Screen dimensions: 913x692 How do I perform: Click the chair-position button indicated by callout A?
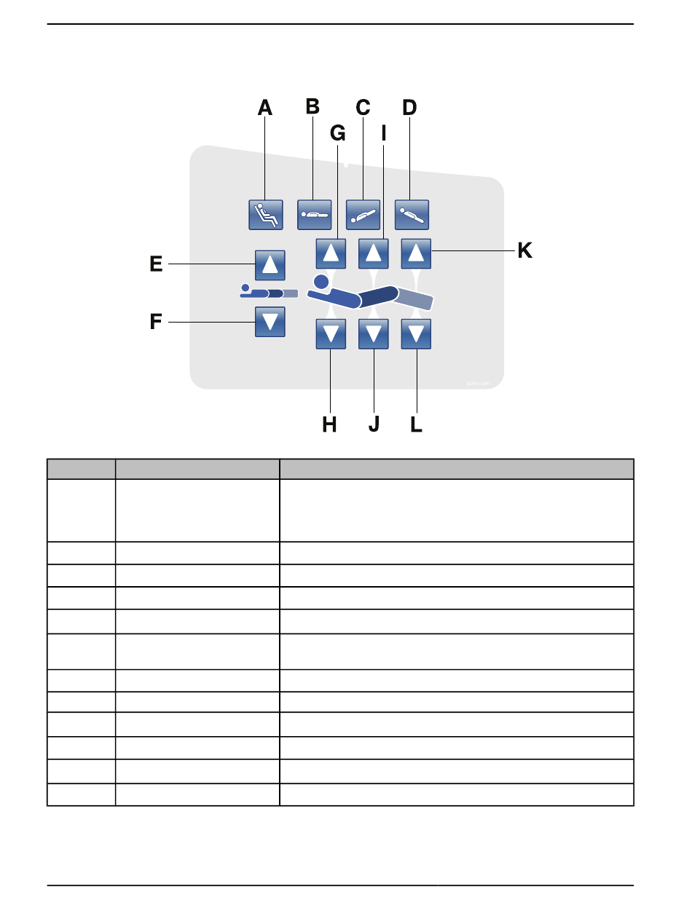tap(264, 215)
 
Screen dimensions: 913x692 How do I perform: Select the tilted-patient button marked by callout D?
tap(412, 215)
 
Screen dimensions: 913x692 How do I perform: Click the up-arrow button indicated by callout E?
tap(270, 264)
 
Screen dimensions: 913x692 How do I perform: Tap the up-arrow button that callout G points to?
tap(331, 253)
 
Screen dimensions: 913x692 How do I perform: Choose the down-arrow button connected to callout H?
tap(331, 334)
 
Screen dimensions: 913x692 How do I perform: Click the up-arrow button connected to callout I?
tap(374, 253)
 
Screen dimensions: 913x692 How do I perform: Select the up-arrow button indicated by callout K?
tap(416, 253)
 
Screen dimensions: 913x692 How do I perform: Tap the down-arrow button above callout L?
tap(416, 334)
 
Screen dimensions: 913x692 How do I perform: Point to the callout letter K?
tap(524, 251)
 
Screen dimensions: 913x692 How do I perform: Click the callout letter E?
tap(156, 264)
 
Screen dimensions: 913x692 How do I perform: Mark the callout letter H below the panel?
tap(330, 424)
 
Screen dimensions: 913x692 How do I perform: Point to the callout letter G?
tap(337, 133)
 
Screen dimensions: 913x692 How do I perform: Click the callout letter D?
tap(409, 108)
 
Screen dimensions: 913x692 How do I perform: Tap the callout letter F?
tap(156, 322)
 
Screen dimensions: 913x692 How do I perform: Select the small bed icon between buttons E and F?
tap(269, 293)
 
